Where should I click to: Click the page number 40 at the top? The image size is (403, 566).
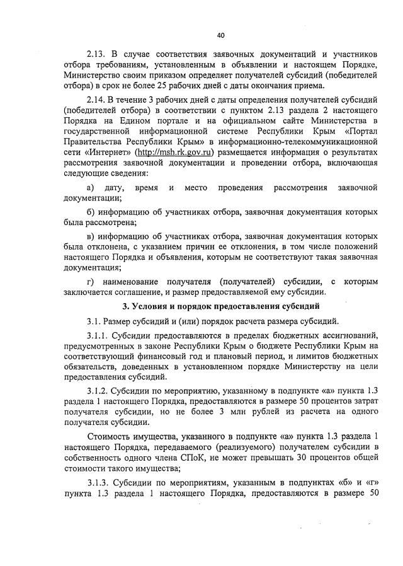(220, 35)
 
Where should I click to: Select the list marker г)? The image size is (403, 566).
(90, 280)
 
